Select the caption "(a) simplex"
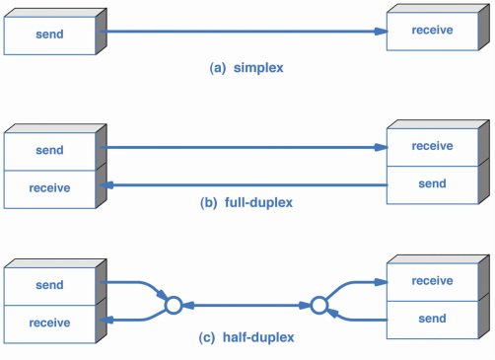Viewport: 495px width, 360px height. point(247,68)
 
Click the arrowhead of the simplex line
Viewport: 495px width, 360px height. point(382,32)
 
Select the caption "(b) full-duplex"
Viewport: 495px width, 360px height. point(247,202)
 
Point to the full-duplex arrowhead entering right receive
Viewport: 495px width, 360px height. point(382,147)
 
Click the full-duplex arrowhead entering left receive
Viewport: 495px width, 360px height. point(106,185)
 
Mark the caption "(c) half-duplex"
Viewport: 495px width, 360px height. point(247,337)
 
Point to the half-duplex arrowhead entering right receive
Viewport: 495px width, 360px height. point(382,282)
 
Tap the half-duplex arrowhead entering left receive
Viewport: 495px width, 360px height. point(106,320)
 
